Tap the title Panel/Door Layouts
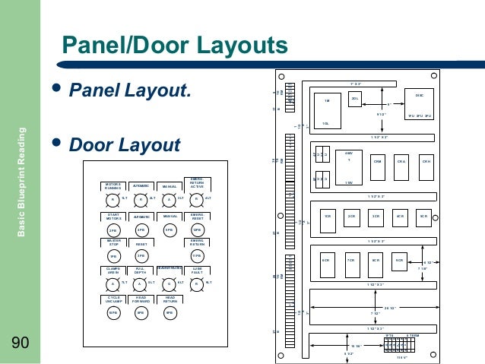click(174, 45)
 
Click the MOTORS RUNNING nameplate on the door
click(113, 186)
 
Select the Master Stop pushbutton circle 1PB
click(113, 257)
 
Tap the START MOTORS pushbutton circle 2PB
click(113, 229)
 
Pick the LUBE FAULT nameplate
click(197, 271)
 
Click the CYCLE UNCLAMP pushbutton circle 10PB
click(113, 312)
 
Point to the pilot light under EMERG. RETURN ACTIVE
click(197, 200)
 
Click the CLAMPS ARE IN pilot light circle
click(113, 284)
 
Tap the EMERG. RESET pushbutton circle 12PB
click(197, 229)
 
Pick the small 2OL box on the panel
click(354, 100)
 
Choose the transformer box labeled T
click(349, 160)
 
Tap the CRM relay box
click(378, 162)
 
